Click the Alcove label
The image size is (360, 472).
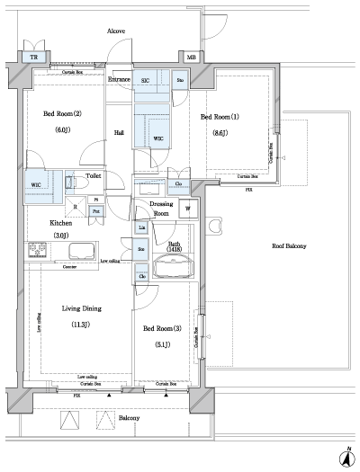pos(116,31)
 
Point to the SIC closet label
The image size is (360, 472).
pos(146,80)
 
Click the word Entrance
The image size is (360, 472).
pos(120,80)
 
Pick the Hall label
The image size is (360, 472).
pos(118,132)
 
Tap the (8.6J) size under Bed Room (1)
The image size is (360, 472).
pos(220,133)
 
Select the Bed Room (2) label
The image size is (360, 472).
pos(63,113)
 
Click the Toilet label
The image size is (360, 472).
pos(93,177)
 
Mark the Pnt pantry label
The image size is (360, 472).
pos(94,209)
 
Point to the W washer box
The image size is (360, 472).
pos(188,209)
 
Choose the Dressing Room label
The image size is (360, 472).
pos(160,209)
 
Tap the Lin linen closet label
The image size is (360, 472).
pos(141,229)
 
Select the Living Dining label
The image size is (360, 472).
pos(81,308)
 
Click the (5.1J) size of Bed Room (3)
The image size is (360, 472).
pos(161,342)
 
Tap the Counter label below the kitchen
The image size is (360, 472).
pos(67,268)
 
